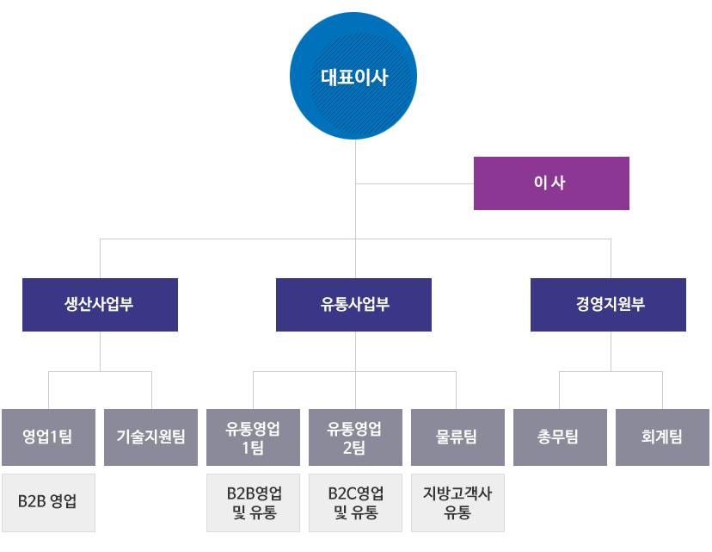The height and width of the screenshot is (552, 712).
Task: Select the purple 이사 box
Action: (x=551, y=183)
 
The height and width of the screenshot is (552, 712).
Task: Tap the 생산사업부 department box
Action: (x=100, y=305)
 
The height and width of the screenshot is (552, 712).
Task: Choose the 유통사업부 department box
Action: (x=353, y=305)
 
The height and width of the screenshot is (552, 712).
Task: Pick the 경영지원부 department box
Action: (x=608, y=305)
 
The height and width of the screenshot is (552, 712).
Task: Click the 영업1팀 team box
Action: (x=48, y=437)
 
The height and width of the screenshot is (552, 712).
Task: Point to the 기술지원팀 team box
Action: (x=150, y=437)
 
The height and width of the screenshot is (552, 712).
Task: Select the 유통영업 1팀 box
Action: (x=253, y=437)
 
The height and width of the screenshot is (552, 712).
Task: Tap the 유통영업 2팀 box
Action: (x=354, y=437)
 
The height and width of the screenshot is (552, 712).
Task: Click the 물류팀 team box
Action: (x=457, y=437)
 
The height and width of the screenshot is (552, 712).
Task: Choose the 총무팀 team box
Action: (x=558, y=437)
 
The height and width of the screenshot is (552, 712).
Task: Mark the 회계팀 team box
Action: (x=661, y=437)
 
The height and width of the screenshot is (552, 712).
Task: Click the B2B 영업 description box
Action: (x=48, y=501)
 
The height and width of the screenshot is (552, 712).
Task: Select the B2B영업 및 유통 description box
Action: (x=253, y=503)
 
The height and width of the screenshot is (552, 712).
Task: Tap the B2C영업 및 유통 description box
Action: (x=354, y=503)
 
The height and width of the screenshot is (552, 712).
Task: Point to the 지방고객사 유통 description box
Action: (x=457, y=503)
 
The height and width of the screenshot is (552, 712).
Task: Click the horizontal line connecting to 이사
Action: (x=414, y=183)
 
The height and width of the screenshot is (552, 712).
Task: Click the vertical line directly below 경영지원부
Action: (x=611, y=351)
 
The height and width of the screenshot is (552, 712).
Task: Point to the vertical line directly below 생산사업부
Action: (x=101, y=351)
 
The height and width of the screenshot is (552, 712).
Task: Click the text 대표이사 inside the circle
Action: (x=354, y=78)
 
